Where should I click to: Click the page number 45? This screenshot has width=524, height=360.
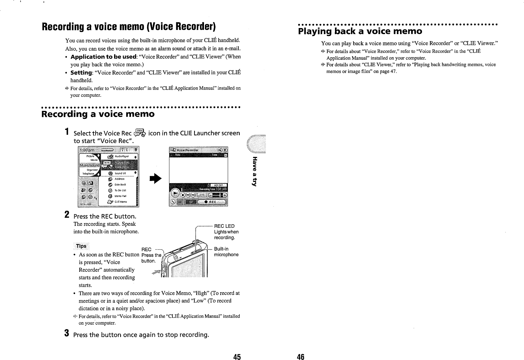tap(237, 357)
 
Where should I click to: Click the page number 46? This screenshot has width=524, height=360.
tap(301, 357)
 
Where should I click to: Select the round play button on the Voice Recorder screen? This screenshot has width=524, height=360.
tap(176, 193)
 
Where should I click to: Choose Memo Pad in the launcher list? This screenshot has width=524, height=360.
tap(120, 196)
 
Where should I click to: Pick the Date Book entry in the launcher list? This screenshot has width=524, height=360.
tap(120, 184)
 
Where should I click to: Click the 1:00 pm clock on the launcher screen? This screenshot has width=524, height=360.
tap(87, 150)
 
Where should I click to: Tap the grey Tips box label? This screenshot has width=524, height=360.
tap(81, 246)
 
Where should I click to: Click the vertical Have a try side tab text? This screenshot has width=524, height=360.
tap(254, 171)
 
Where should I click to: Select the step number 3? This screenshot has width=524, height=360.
tap(67, 333)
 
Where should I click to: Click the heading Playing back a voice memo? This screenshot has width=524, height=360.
tap(360, 31)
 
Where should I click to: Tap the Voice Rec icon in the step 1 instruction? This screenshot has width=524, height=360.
tap(140, 133)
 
